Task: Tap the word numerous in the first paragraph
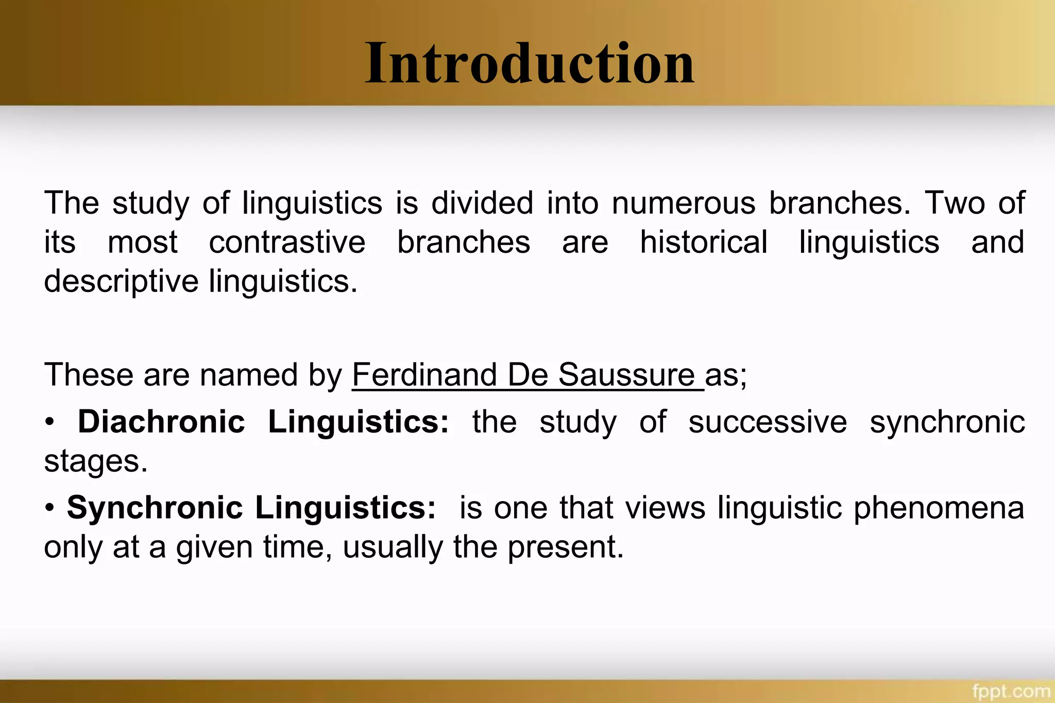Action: (684, 203)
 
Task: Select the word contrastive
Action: (287, 242)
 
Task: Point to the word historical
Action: (704, 242)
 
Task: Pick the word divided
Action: (482, 203)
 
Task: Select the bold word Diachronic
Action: (161, 422)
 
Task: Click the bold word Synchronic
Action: (155, 508)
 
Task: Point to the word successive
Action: (768, 422)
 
